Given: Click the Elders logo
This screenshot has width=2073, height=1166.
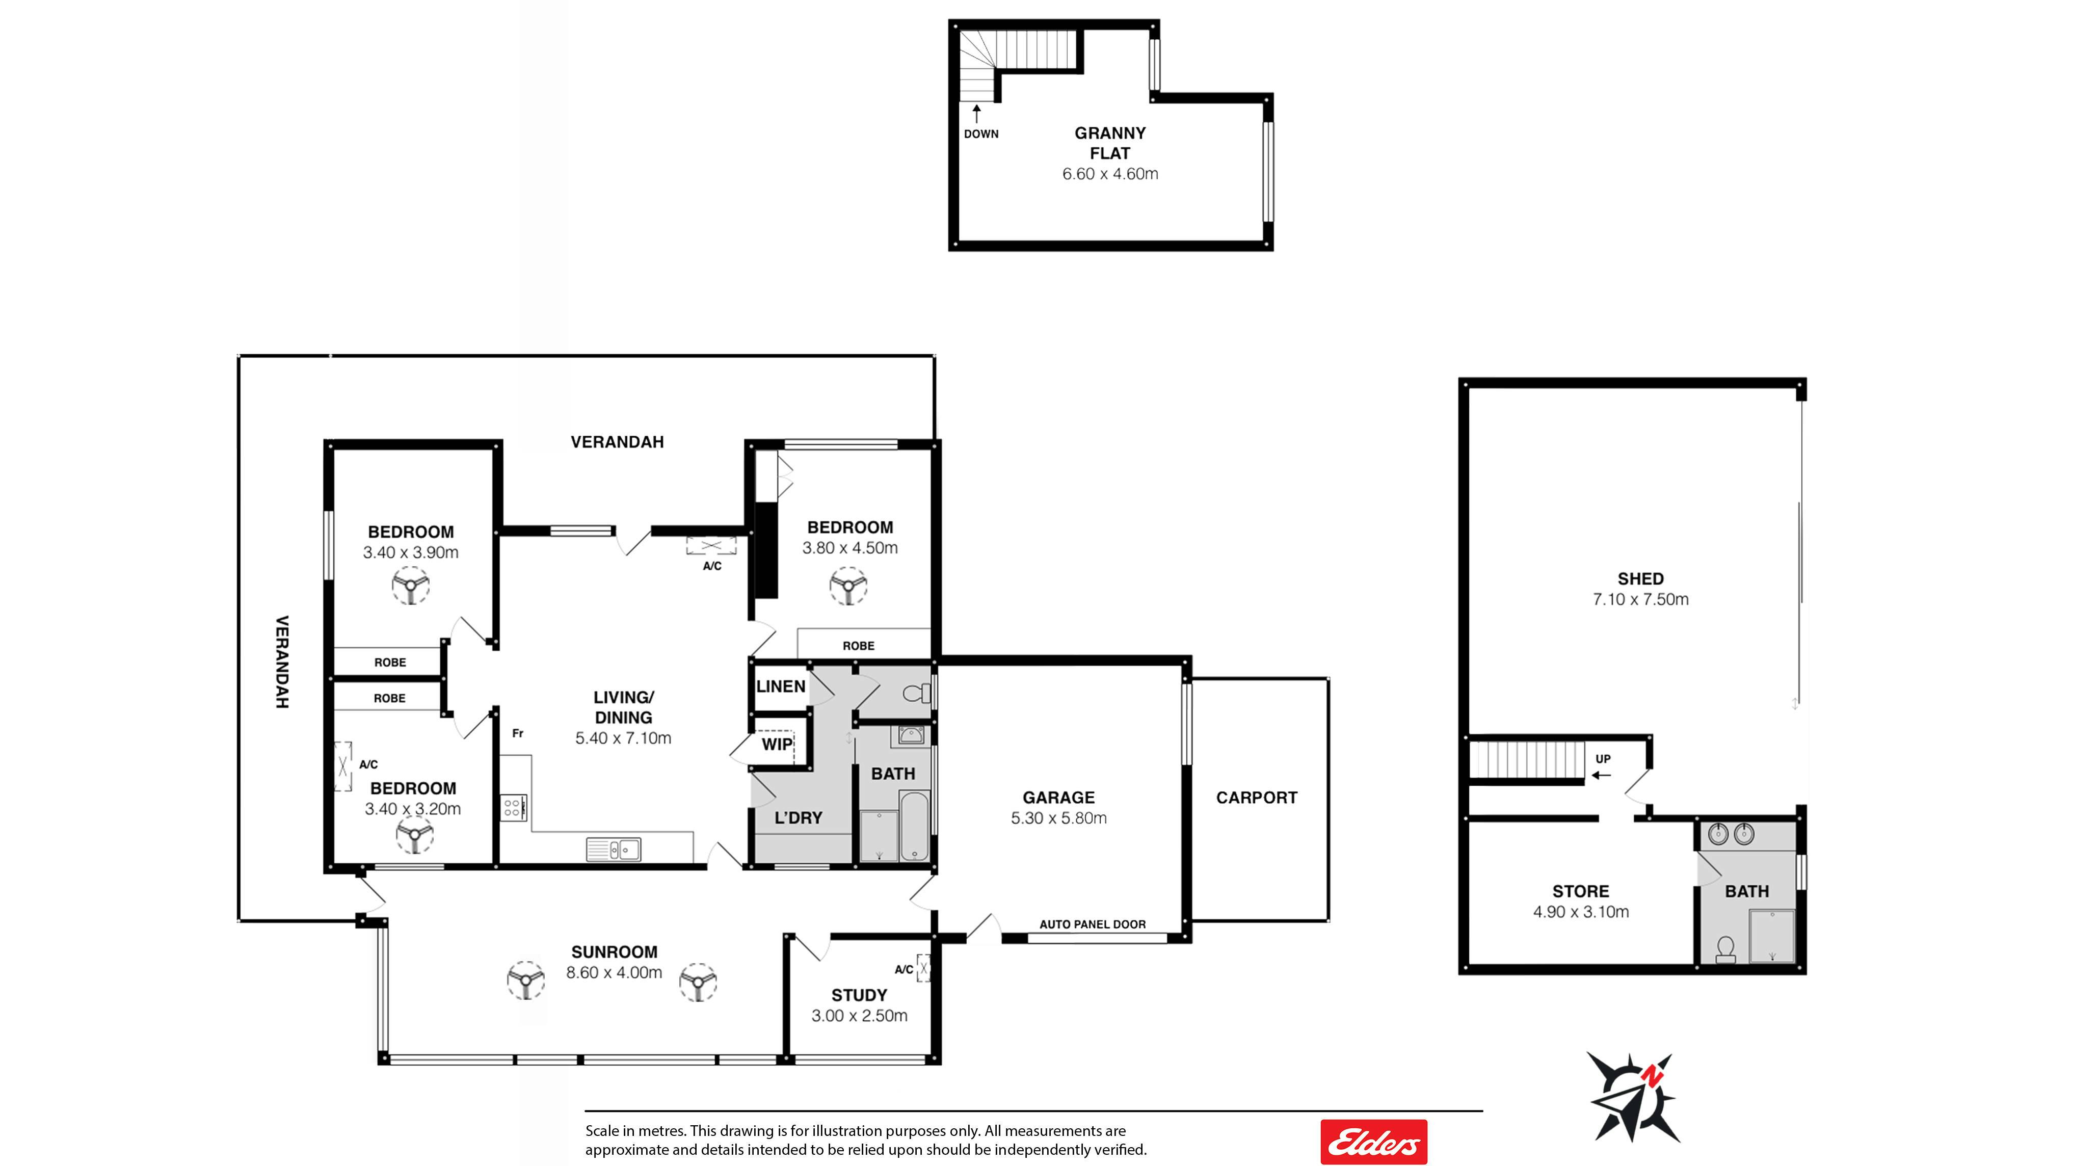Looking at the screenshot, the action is pyautogui.click(x=1374, y=1141).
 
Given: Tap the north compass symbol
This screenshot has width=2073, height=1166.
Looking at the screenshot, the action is pyautogui.click(x=1633, y=1097).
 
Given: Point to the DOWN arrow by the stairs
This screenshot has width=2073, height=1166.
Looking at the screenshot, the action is pyautogui.click(x=976, y=114).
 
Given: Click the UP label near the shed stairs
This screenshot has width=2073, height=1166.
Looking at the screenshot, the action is pyautogui.click(x=1603, y=759).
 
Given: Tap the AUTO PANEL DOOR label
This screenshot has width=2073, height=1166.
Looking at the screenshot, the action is pyautogui.click(x=1092, y=924).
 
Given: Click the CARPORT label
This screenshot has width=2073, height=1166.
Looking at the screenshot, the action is pyautogui.click(x=1256, y=798).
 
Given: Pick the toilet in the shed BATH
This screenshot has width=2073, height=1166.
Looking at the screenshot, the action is pyautogui.click(x=1725, y=949).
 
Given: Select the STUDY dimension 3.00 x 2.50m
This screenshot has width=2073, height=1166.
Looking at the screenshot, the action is pyautogui.click(x=860, y=1016).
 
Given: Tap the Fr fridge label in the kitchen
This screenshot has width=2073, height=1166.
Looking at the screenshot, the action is pyautogui.click(x=517, y=733).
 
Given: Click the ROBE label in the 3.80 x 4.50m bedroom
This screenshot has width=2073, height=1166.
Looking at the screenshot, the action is pyautogui.click(x=859, y=645).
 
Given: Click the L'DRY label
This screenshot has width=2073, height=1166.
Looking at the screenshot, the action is pyautogui.click(x=799, y=817).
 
